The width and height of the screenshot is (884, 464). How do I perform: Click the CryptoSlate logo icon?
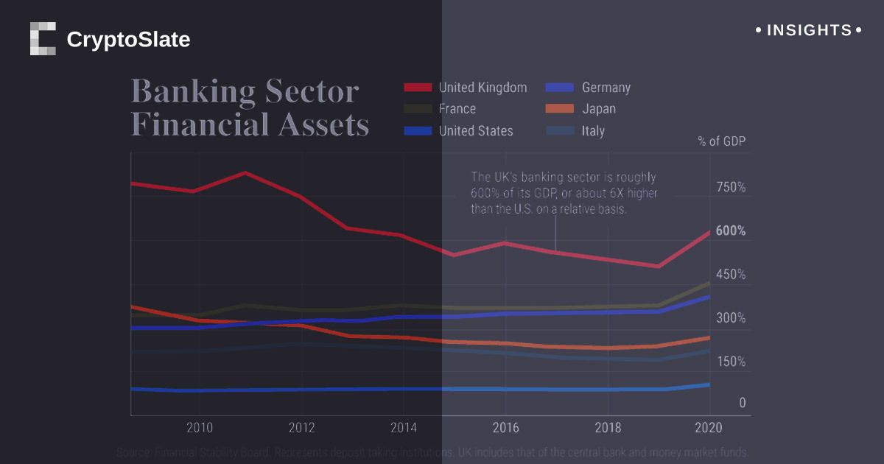click(43, 39)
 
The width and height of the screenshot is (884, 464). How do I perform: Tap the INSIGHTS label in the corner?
click(809, 31)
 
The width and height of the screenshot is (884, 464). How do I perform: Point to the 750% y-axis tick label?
click(731, 187)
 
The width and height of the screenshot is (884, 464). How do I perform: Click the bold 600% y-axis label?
click(731, 231)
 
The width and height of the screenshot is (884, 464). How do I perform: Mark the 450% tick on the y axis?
click(731, 275)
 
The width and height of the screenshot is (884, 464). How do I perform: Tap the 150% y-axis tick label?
click(731, 362)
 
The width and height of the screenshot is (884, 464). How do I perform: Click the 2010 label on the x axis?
click(200, 428)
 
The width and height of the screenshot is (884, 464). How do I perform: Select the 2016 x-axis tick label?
click(505, 428)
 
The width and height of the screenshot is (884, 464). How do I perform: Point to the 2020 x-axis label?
click(709, 428)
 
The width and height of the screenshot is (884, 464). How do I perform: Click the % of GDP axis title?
click(721, 141)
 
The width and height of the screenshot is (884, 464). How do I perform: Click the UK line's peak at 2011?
click(245, 173)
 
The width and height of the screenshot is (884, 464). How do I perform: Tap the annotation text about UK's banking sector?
click(564, 193)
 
